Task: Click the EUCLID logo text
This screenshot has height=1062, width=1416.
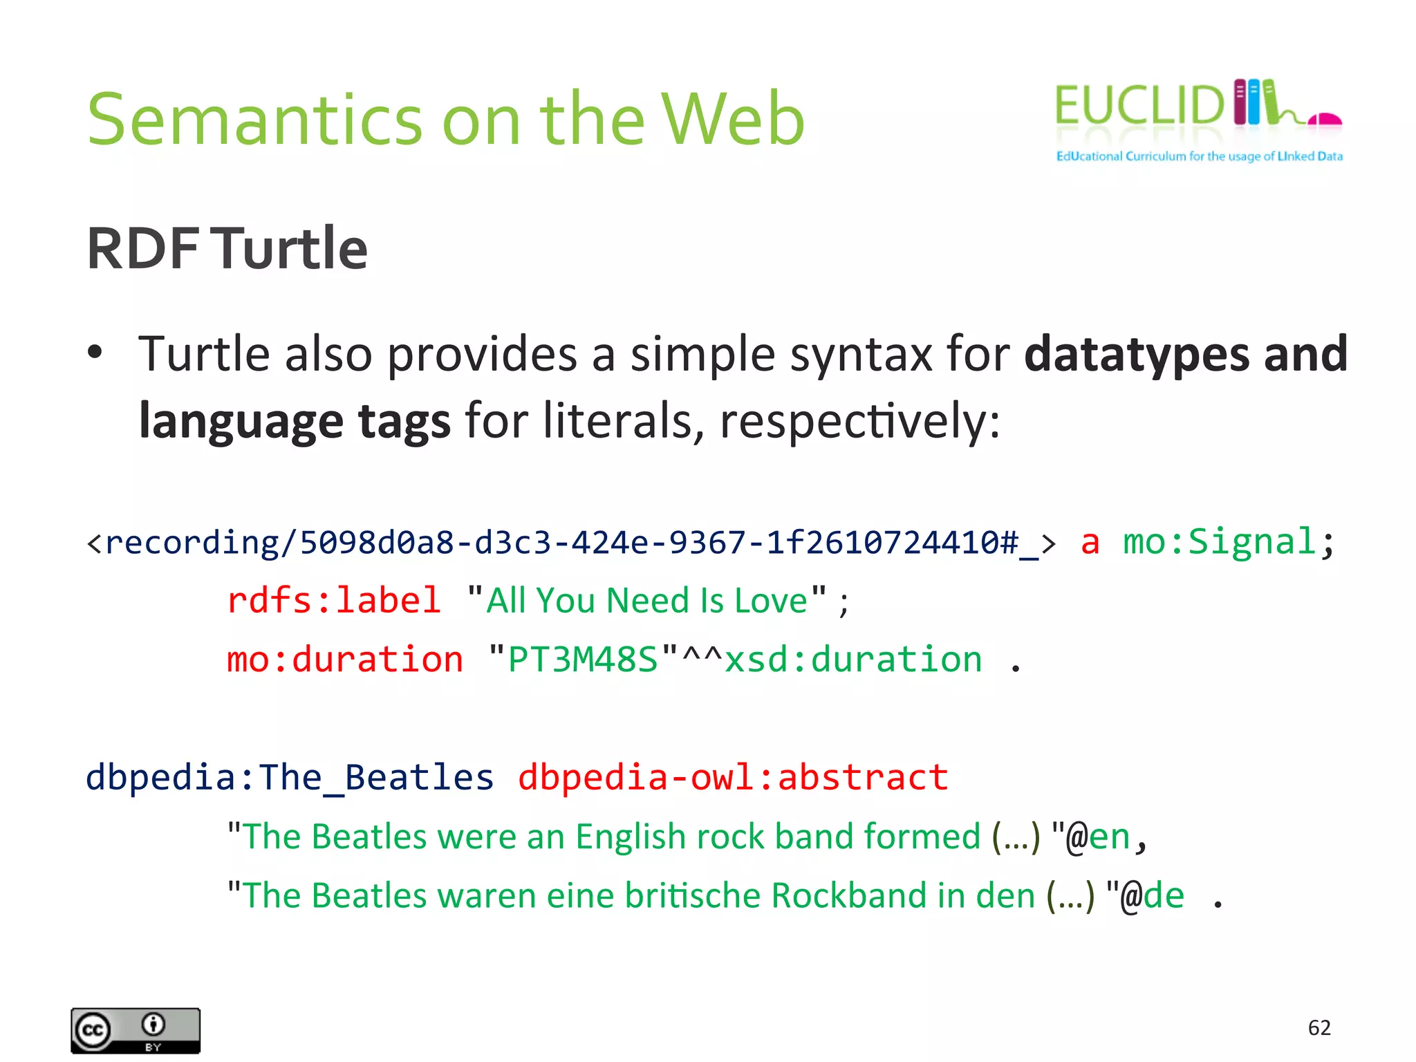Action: [x=1138, y=106]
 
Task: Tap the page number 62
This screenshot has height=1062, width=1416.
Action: [x=1319, y=1027]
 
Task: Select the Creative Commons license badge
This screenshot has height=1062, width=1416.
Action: [x=136, y=1030]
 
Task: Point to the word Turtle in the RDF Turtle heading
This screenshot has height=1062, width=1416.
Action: [x=289, y=248]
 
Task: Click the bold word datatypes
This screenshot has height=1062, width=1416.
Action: [x=1136, y=354]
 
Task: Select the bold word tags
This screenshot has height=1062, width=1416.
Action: [x=404, y=421]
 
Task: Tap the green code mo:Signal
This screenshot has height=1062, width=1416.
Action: [x=1218, y=541]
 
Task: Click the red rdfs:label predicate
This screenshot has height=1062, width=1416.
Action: [x=334, y=599]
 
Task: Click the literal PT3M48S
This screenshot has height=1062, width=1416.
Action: [x=582, y=659]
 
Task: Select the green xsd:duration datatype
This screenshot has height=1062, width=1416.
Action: [x=853, y=659]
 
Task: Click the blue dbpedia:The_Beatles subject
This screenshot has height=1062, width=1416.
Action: [x=290, y=777]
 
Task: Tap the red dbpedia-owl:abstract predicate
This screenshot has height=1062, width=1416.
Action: [x=733, y=777]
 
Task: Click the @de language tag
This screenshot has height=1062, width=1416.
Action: [x=1152, y=896]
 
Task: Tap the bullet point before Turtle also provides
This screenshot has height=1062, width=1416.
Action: [x=95, y=353]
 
